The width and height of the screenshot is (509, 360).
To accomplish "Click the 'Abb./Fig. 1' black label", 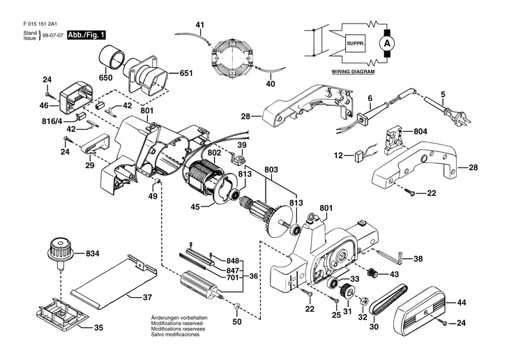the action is pos(86,35).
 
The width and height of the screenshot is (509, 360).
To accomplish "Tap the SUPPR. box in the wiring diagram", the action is pos(356,43).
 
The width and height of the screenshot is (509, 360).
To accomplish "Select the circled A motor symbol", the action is pos(386,43).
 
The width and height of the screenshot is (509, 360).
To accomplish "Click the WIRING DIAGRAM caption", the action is pos(353,72).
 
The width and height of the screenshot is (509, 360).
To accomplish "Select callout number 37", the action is pos(147,297).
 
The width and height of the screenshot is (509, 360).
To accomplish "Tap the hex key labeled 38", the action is pos(390,255).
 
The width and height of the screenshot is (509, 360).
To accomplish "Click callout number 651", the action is pos(186,73).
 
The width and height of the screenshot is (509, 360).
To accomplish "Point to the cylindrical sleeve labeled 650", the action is pos(112,57).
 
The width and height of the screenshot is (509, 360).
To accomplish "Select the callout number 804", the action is pos(420,131).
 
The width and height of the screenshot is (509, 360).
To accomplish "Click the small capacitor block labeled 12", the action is pos(359,156).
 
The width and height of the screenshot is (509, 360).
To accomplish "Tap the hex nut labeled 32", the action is pos(364,299).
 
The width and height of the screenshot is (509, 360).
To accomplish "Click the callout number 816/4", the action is pos(52,121).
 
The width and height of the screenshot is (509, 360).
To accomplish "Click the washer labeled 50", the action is pos(236,306).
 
